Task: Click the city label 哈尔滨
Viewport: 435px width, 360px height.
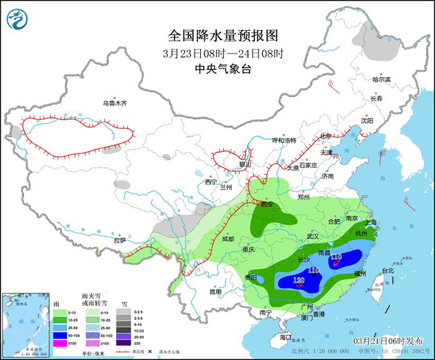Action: click(x=381, y=80)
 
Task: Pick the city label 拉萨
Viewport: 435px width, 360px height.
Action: click(x=120, y=240)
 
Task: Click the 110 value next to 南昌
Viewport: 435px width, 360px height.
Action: click(x=336, y=257)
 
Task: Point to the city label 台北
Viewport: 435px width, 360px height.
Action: click(x=387, y=271)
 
